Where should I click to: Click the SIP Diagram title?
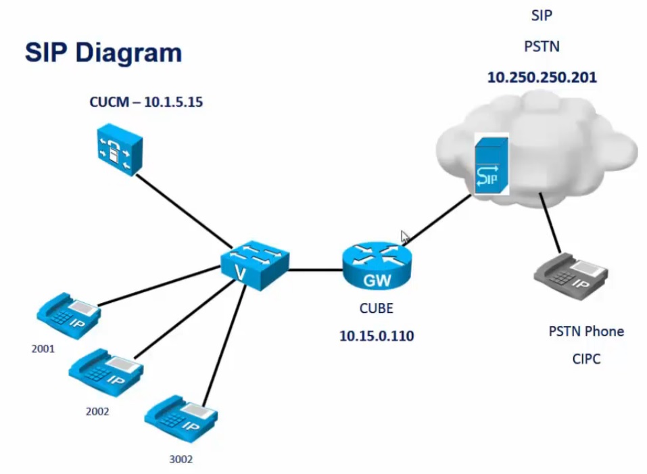(103, 53)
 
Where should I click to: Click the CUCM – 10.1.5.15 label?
(146, 103)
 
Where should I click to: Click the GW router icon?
(377, 265)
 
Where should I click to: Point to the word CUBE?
(376, 308)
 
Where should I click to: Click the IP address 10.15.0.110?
(377, 335)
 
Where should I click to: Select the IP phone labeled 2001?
(68, 313)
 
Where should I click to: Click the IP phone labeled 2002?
(106, 370)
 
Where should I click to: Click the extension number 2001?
(43, 350)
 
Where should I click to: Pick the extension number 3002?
(181, 459)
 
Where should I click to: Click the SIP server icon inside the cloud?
(491, 164)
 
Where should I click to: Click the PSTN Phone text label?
(586, 331)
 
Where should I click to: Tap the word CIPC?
(585, 359)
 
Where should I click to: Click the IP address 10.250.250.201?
(542, 77)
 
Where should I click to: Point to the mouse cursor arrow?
(405, 237)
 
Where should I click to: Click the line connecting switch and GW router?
(316, 270)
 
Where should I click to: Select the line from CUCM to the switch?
(183, 209)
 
